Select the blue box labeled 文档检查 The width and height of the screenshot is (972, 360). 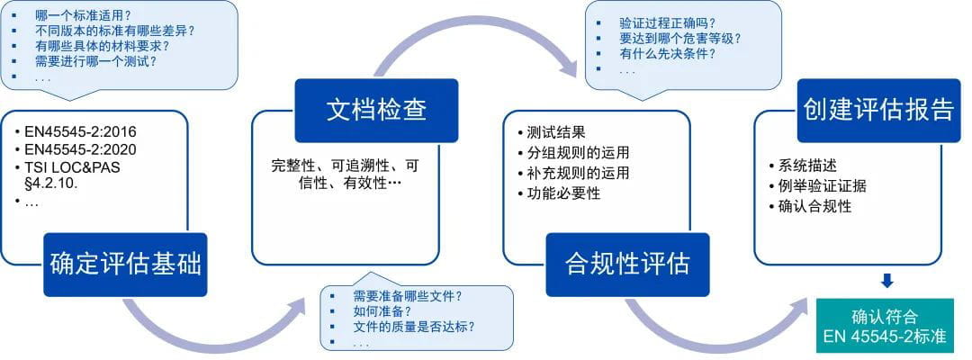376,110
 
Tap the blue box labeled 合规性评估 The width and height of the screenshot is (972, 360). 627,264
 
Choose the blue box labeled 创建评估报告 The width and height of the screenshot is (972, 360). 878,110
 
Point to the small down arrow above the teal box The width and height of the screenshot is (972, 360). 886,282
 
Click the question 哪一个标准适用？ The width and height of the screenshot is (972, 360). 81,14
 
